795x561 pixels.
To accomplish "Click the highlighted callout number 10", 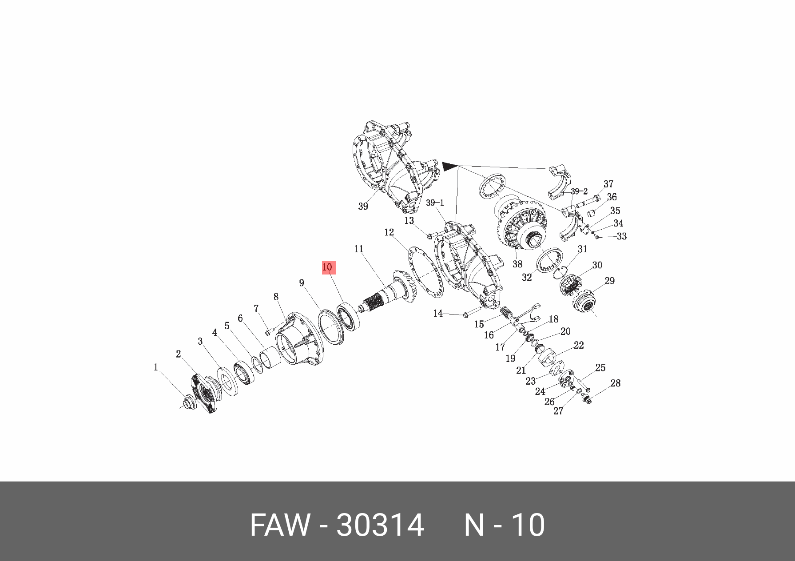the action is click(328, 267).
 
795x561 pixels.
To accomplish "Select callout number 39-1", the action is click(435, 203).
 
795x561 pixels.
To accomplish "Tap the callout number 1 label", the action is click(155, 367).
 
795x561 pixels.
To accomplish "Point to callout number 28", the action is click(615, 383).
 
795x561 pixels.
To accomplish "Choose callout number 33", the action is click(622, 236).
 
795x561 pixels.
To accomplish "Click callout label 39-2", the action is click(579, 191).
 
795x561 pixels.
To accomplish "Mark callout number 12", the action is click(389, 232).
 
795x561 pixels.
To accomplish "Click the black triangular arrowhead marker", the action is click(449, 166).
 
